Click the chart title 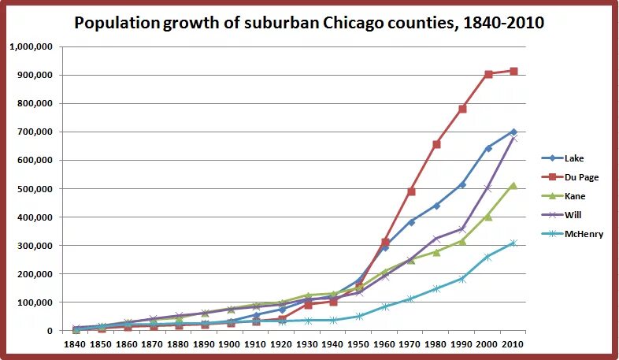click(x=309, y=23)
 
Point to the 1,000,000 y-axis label click(x=31, y=46)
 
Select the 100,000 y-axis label click(x=33, y=302)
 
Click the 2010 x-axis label click(x=513, y=344)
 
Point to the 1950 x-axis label click(x=359, y=344)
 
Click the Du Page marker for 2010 click(x=513, y=72)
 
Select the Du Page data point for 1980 click(x=436, y=144)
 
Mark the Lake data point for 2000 click(x=488, y=148)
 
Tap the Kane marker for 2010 click(x=513, y=185)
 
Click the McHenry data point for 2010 click(x=513, y=243)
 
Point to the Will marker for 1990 click(x=462, y=229)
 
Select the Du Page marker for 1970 click(x=411, y=191)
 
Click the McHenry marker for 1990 click(x=462, y=279)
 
